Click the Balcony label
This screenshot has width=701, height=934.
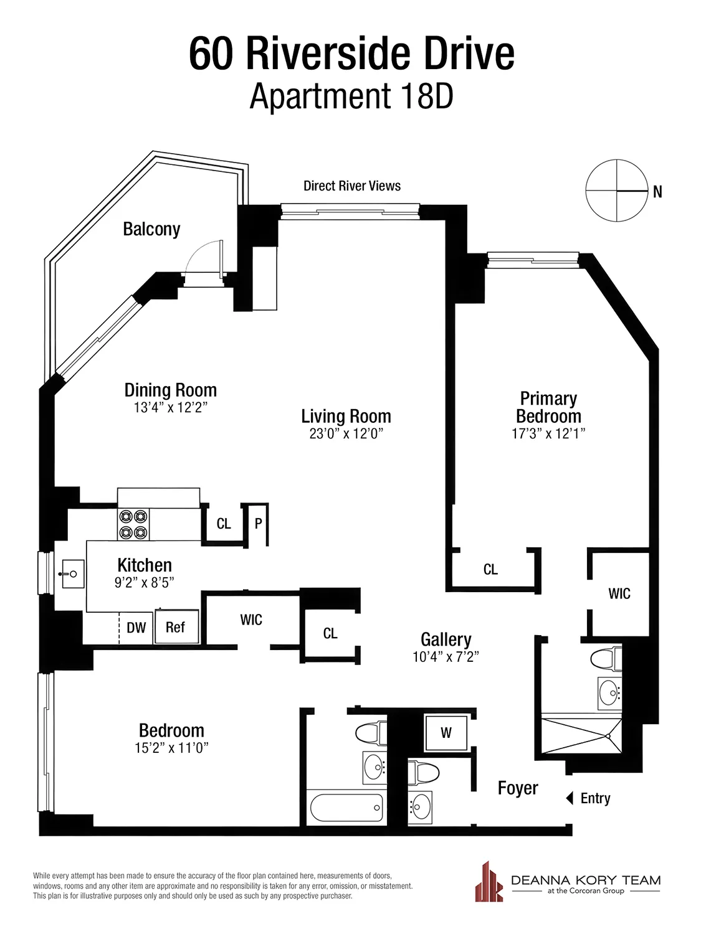click(x=151, y=229)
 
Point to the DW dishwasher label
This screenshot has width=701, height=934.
click(x=136, y=628)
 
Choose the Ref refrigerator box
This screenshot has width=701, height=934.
click(x=176, y=627)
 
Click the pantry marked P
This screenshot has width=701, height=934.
click(x=258, y=524)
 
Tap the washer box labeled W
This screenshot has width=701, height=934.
click(x=446, y=733)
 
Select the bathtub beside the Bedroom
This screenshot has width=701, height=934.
click(x=346, y=808)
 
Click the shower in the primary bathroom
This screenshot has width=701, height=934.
click(x=581, y=736)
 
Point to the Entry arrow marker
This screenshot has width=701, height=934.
click(x=569, y=798)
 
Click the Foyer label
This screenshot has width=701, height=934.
click(x=517, y=788)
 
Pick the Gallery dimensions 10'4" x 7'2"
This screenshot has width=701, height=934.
click(x=446, y=657)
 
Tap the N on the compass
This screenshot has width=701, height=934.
click(x=657, y=192)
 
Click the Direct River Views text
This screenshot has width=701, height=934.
click(x=352, y=186)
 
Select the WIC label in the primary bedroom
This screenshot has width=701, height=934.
click(x=619, y=594)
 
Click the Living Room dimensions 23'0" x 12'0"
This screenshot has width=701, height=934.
click(x=346, y=434)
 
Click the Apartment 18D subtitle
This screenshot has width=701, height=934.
click(x=351, y=97)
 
